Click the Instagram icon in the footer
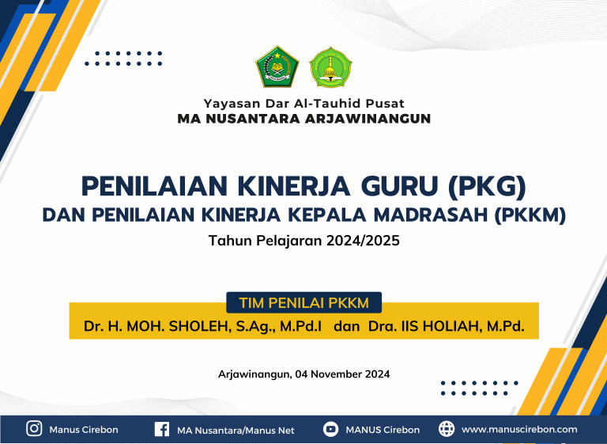point(34,429)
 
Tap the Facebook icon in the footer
point(161,430)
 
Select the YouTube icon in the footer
point(331,430)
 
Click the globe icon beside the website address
point(447,429)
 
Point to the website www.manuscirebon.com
point(518,430)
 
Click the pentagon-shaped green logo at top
point(277,67)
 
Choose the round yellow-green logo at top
point(330,67)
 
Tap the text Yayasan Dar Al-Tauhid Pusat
point(303,104)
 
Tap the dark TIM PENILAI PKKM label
point(303,302)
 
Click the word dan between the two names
point(347,325)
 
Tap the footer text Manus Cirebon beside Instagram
point(84,430)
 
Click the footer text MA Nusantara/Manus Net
point(236,430)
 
